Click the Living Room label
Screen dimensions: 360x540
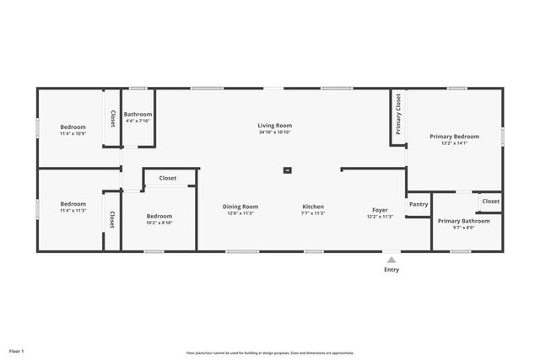coord(274,126)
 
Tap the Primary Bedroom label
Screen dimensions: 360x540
coord(454,137)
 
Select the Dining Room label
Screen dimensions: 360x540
coord(240,207)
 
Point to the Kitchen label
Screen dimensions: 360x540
coord(313,207)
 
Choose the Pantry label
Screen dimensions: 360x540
coord(418,204)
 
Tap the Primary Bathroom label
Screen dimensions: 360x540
coord(463,221)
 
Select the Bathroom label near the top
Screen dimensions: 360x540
coord(138,115)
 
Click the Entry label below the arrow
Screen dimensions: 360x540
coord(391,270)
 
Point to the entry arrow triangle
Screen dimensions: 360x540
coord(391,260)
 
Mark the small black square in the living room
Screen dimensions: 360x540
coord(287,170)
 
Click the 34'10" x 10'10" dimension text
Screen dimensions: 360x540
coord(274,132)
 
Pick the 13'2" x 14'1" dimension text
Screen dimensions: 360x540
coord(454,143)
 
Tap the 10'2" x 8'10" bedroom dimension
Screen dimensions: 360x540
coord(159,223)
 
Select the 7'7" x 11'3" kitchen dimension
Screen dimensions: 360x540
coord(313,213)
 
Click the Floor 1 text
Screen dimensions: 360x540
coord(17,350)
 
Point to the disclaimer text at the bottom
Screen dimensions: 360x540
coord(270,353)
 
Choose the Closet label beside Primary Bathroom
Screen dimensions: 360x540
coord(491,201)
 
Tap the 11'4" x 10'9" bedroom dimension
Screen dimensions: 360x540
coord(73,133)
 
